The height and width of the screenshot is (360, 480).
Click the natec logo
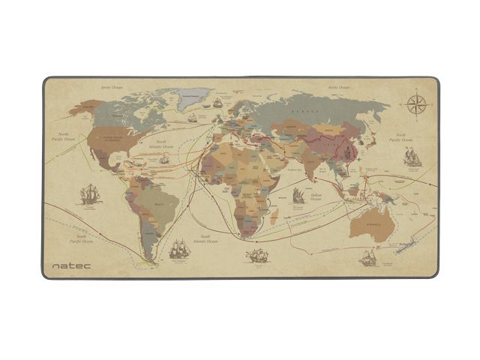(x=68, y=265)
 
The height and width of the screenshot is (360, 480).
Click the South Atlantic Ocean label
(x=205, y=239)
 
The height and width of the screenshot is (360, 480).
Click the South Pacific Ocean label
(x=82, y=238)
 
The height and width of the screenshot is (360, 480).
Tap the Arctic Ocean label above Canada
(x=111, y=88)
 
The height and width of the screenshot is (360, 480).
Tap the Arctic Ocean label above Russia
(x=339, y=88)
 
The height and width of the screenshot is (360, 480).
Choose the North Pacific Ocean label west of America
(x=64, y=136)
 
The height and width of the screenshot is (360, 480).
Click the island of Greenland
(x=193, y=98)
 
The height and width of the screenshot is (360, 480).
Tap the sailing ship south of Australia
(x=367, y=259)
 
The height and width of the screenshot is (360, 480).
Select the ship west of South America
(x=91, y=194)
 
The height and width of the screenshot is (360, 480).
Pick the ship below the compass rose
(x=412, y=156)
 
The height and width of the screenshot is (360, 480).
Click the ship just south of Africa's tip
(x=257, y=256)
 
